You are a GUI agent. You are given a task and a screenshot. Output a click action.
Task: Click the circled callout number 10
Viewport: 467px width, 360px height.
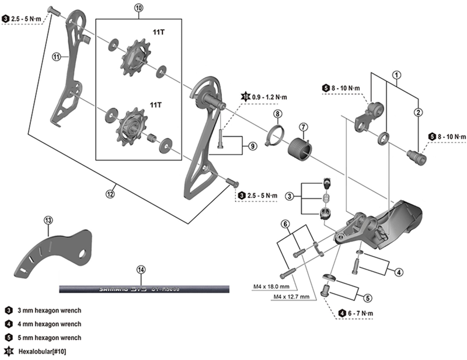(138, 8)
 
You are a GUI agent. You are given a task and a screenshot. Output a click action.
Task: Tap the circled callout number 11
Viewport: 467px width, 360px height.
(57, 57)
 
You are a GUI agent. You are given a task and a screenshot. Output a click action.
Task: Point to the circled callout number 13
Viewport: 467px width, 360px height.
(48, 220)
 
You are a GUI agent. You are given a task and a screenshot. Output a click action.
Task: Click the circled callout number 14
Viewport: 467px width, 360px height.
(140, 270)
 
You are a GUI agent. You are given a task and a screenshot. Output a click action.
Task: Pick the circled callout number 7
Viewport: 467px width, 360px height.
(304, 127)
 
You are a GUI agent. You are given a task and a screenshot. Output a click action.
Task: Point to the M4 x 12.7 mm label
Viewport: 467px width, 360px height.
(290, 296)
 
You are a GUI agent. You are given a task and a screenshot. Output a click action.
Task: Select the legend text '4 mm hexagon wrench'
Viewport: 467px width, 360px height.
(49, 324)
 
